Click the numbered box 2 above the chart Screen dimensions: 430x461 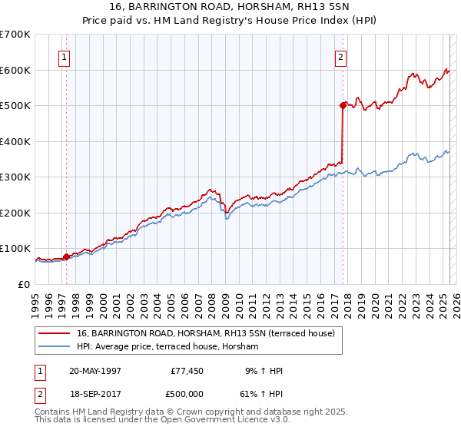pos(340,56)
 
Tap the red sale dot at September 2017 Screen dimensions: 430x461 pos(343,106)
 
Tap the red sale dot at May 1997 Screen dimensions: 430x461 pos(66,256)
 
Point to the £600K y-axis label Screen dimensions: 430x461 pos(15,70)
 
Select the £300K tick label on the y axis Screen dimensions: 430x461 pos(15,177)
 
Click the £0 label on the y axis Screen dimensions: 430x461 pos(24,284)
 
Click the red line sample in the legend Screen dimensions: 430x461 pos(55,334)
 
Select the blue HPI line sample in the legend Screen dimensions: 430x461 pos(55,347)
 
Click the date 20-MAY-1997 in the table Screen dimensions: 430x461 pos(95,371)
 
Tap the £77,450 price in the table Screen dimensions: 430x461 pos(185,371)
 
